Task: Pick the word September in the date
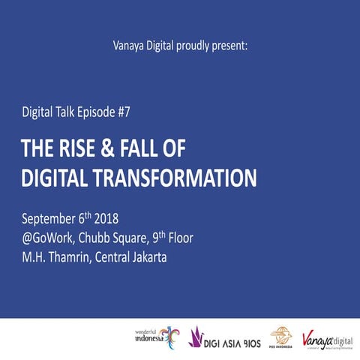tap(51, 220)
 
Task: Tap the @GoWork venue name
tap(52, 239)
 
